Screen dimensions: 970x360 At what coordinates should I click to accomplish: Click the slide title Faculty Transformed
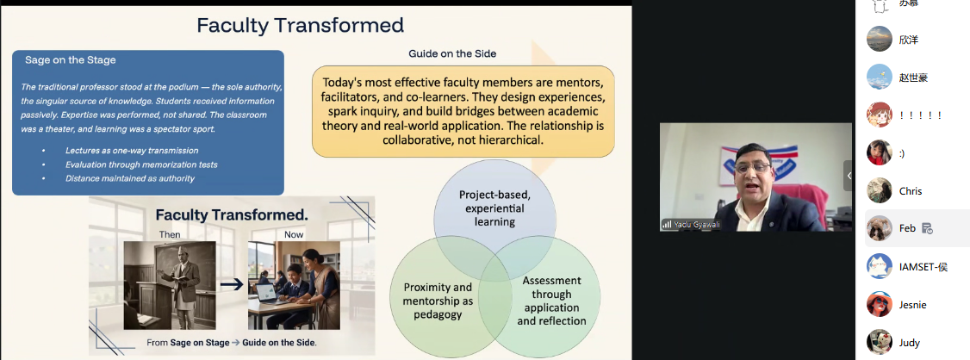click(300, 25)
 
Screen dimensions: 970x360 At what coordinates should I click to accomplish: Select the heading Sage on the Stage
click(71, 60)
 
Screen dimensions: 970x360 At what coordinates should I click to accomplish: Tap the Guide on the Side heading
click(452, 53)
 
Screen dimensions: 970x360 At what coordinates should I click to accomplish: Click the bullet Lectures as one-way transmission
click(132, 151)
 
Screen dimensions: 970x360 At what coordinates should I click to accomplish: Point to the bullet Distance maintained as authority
click(130, 179)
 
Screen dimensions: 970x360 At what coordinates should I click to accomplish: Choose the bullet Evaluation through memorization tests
click(141, 164)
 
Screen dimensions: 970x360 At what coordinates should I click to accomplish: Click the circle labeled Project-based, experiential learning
click(494, 208)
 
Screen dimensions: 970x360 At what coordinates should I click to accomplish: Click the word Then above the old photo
click(170, 234)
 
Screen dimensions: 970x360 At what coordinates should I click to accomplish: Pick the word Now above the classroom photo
click(294, 234)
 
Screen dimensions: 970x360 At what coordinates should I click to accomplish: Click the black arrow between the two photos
click(232, 284)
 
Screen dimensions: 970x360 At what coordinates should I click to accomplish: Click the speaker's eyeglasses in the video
click(753, 168)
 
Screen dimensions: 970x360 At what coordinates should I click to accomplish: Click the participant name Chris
click(911, 191)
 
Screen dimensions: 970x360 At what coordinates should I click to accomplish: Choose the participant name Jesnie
click(913, 305)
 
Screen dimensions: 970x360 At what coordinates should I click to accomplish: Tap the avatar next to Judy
click(880, 342)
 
